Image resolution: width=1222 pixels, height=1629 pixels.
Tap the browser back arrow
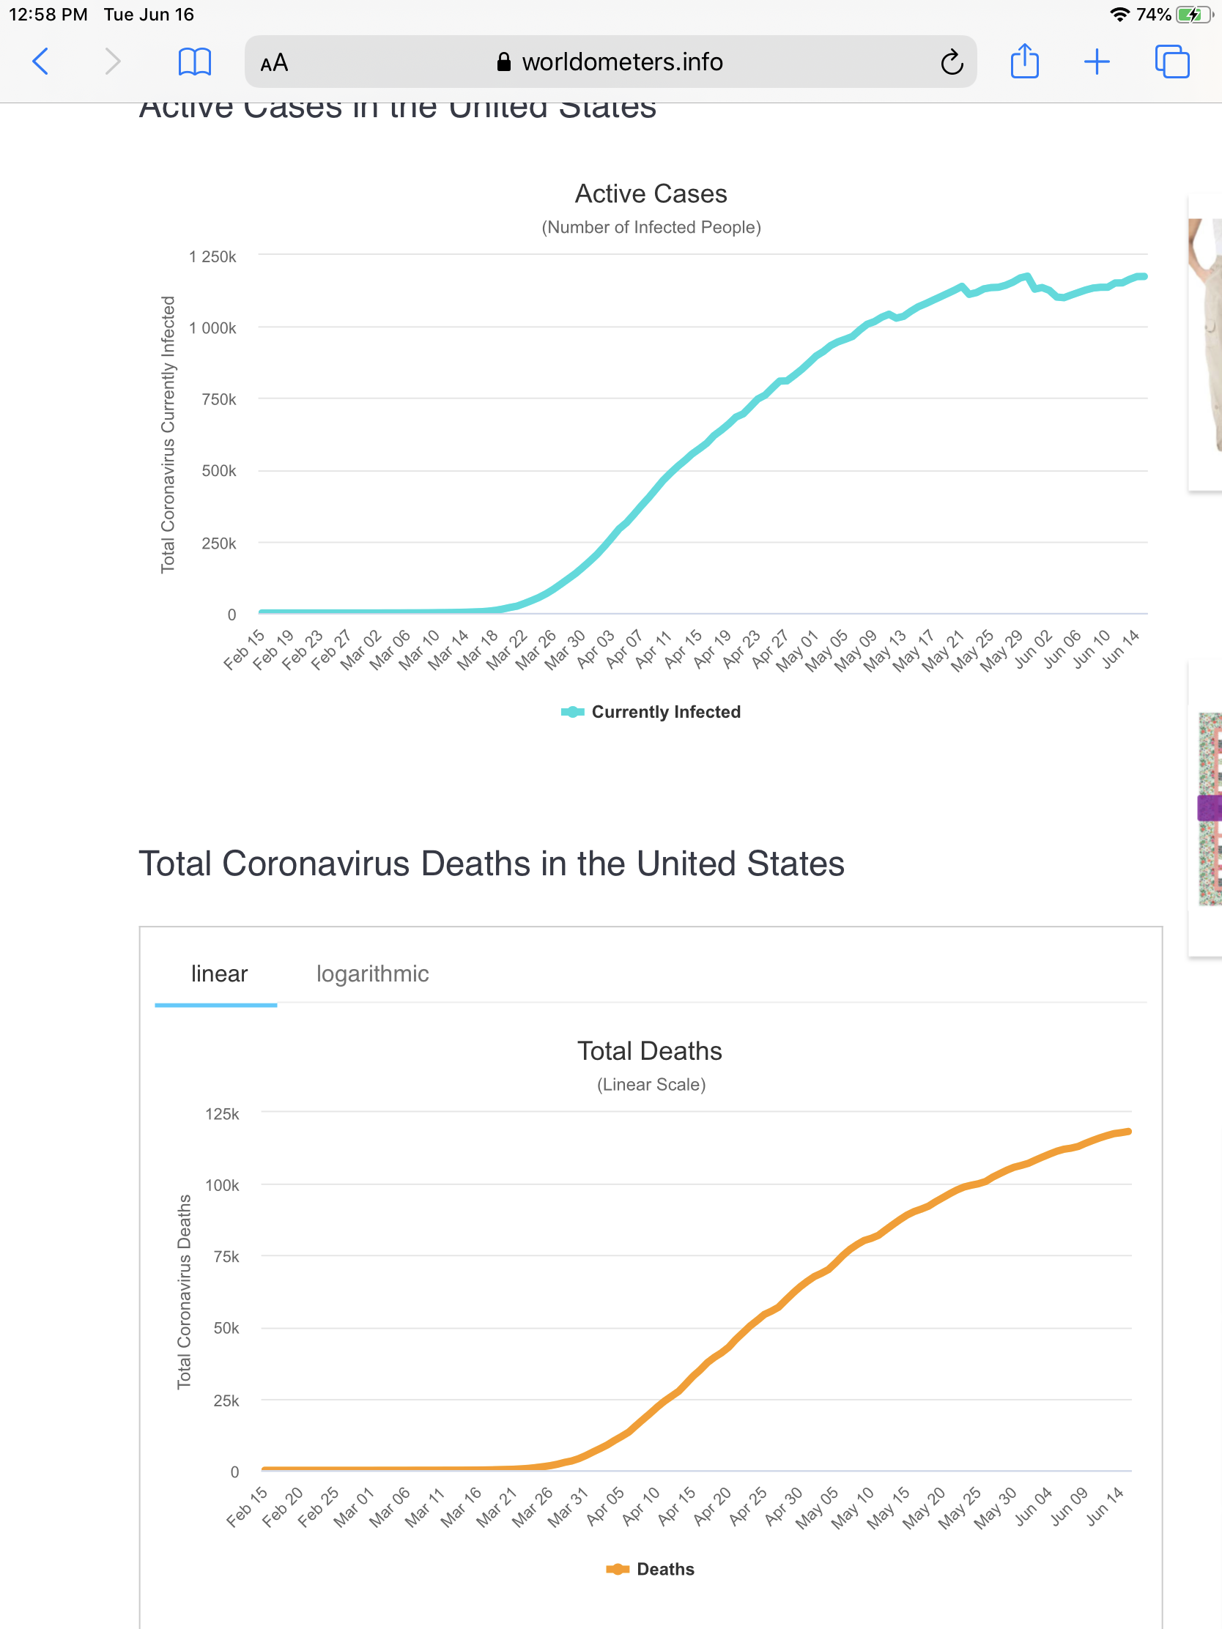(x=41, y=62)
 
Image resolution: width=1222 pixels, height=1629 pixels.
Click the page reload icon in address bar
(x=952, y=62)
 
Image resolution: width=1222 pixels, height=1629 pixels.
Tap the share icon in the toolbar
(x=1025, y=61)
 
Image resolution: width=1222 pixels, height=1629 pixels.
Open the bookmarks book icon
(x=194, y=62)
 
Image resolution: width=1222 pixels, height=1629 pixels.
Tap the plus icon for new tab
(x=1097, y=62)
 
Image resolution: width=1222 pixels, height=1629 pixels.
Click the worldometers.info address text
(x=622, y=62)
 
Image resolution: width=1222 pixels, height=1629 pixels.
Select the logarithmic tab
(x=372, y=973)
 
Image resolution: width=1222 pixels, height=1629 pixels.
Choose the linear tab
(x=219, y=973)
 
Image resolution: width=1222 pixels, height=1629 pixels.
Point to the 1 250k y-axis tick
(x=213, y=257)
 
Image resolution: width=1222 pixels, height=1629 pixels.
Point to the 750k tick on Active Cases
(x=219, y=400)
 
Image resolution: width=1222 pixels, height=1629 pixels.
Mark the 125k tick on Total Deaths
(x=222, y=1114)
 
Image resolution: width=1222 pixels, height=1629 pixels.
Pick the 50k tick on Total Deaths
(x=226, y=1329)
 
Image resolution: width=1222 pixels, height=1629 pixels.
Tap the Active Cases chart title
(x=651, y=193)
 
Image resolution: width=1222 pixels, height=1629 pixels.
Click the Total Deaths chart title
(x=649, y=1051)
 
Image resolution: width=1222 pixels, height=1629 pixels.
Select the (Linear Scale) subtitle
(x=651, y=1085)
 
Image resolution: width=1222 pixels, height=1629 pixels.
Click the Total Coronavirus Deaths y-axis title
(x=184, y=1292)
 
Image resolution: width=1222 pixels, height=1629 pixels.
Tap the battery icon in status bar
(x=1193, y=15)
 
